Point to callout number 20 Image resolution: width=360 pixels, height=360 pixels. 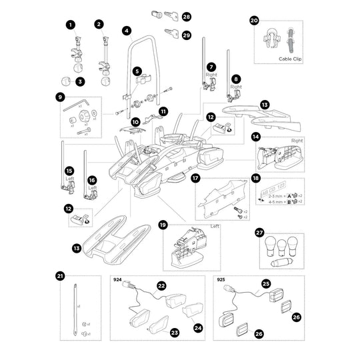[x=254, y=21]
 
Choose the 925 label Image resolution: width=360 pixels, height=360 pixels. [x=221, y=281]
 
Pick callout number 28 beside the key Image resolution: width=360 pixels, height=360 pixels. [x=186, y=15]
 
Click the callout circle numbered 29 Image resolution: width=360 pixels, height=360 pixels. [x=186, y=35]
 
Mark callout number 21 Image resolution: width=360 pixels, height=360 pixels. [x=61, y=275]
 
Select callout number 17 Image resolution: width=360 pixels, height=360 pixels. [x=196, y=179]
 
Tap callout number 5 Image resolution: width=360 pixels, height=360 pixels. [x=137, y=70]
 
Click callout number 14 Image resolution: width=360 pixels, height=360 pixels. [x=255, y=137]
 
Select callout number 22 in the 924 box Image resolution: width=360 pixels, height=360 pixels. [x=161, y=285]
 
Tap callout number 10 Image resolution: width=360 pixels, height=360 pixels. [x=135, y=122]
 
